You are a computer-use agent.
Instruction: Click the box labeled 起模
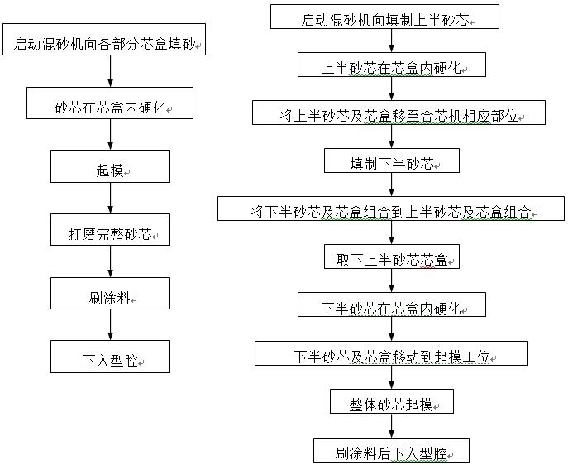[x=110, y=166]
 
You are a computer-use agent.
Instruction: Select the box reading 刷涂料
[x=110, y=293]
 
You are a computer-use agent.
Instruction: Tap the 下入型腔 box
[x=110, y=357]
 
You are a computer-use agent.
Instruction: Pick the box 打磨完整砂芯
[x=110, y=229]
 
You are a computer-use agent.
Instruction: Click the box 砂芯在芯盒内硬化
[x=110, y=103]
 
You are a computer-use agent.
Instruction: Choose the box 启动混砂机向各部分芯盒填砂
[x=104, y=40]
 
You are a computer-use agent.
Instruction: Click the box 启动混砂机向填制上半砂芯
[x=384, y=17]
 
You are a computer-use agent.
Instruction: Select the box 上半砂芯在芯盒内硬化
[x=392, y=65]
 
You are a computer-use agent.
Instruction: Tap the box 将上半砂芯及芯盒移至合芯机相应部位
[x=399, y=113]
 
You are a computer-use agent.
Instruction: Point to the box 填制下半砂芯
[x=392, y=161]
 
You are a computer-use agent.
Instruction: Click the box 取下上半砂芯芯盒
[x=392, y=256]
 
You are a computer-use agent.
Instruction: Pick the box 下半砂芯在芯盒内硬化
[x=392, y=304]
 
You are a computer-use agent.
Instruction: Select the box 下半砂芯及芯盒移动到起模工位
[x=391, y=353]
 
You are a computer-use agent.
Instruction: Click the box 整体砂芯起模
[x=392, y=401]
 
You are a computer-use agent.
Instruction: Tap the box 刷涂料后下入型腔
[x=391, y=450]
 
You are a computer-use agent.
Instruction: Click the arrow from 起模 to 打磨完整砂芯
[x=111, y=199]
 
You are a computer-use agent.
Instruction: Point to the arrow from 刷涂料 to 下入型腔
[x=111, y=324]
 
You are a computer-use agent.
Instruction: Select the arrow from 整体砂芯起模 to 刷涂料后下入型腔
[x=392, y=426]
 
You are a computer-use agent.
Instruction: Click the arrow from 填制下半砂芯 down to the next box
[x=392, y=185]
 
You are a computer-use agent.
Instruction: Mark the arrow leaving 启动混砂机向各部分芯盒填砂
[x=111, y=71]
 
